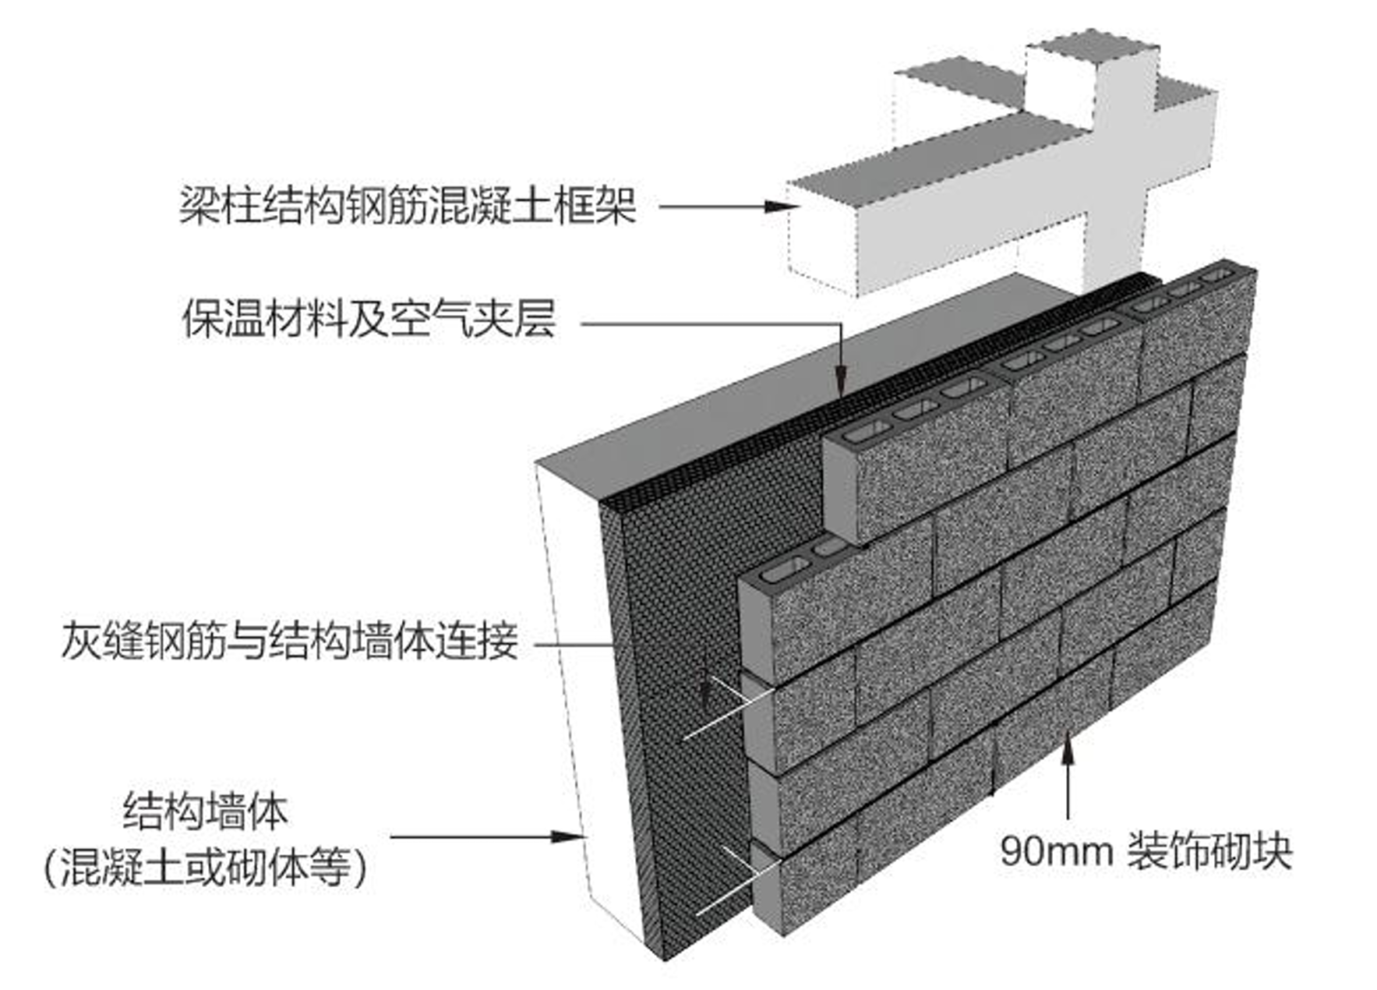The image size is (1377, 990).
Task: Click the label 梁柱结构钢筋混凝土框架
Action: [x=408, y=207]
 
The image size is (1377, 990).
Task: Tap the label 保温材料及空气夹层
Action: [x=369, y=319]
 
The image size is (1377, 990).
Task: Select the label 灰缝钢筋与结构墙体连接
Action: [x=290, y=642]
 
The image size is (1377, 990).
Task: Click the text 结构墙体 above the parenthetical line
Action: [x=206, y=811]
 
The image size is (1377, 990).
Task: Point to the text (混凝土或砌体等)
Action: [x=206, y=866]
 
